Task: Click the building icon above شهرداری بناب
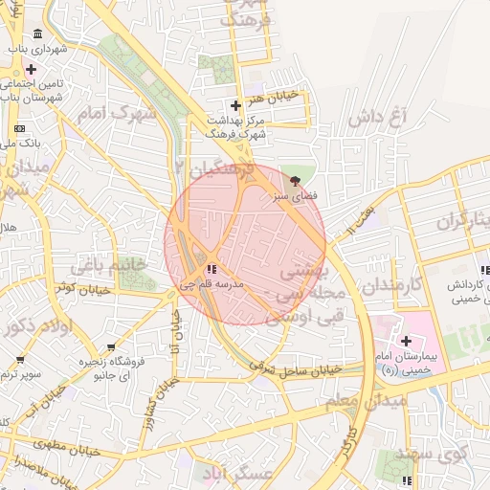[38, 33]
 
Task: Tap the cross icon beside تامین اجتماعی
[32, 69]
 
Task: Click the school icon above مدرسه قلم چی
[211, 269]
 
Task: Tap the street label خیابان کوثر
[78, 286]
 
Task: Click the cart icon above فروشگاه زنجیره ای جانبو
[112, 346]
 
